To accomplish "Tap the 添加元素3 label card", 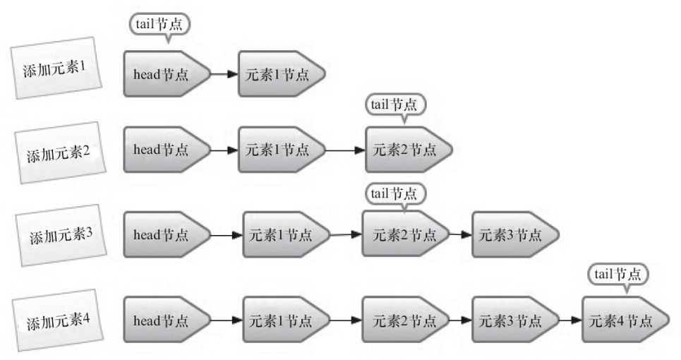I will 61,234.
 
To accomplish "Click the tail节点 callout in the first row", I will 159,24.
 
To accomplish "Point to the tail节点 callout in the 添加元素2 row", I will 396,104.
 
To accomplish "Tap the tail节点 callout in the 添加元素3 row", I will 395,191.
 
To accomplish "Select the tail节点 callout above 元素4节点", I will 620,273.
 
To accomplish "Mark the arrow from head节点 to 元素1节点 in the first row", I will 224,73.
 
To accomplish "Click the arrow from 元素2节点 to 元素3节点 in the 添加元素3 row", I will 461,234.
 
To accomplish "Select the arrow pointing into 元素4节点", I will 570,319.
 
